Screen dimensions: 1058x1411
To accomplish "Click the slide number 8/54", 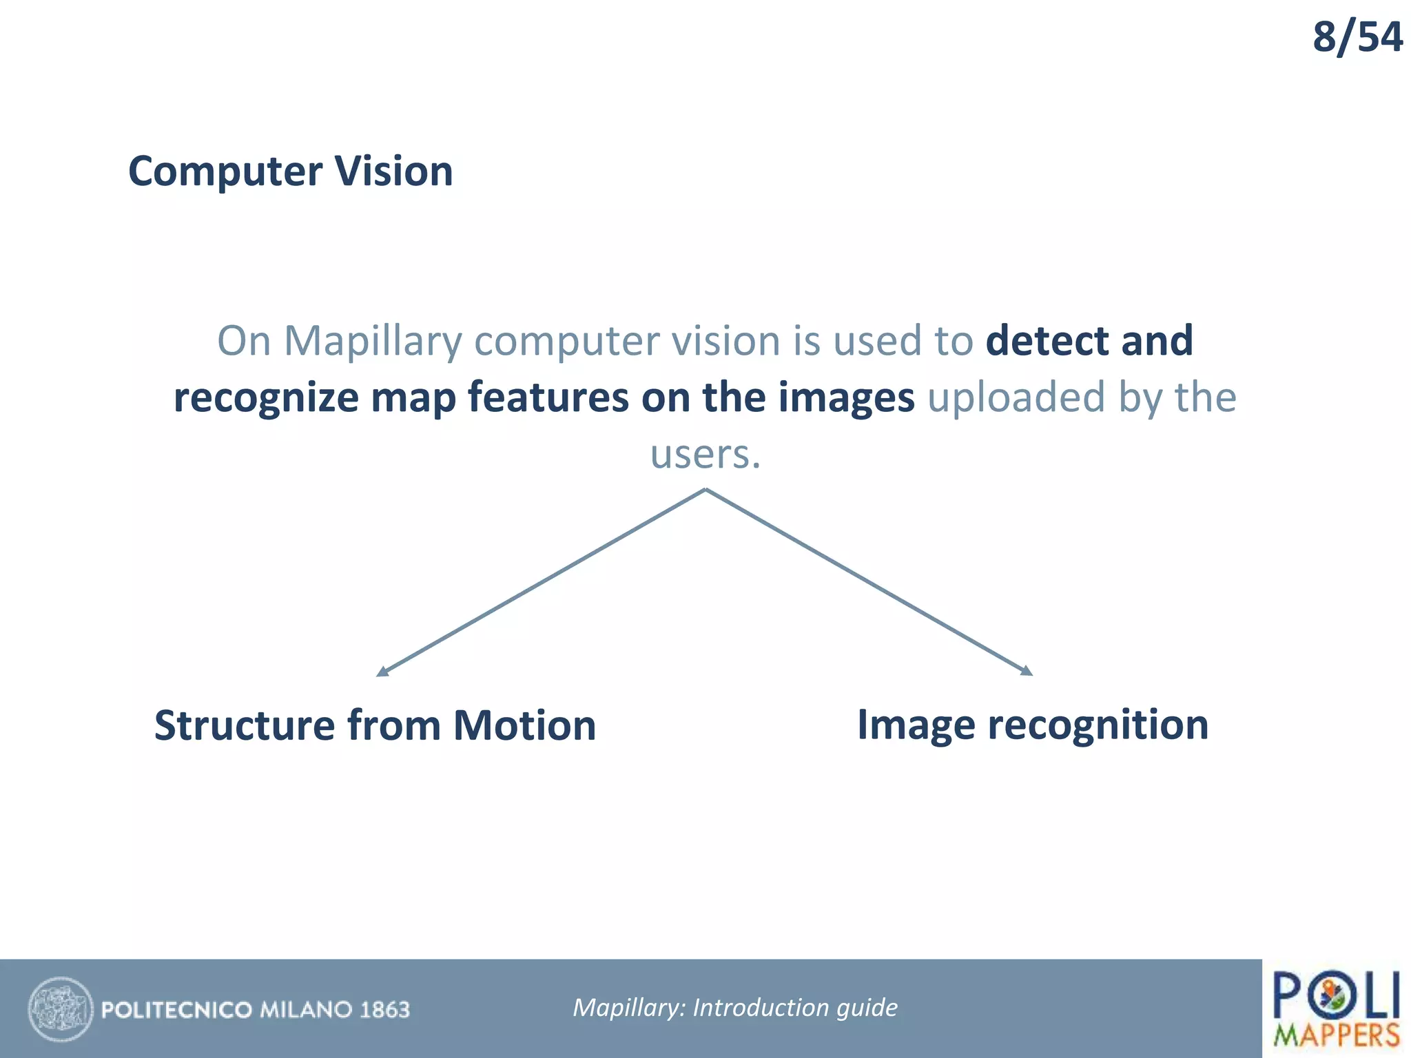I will coord(1357,37).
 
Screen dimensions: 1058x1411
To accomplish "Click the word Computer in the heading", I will coord(225,172).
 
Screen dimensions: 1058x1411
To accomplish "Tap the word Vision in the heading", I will coord(393,172).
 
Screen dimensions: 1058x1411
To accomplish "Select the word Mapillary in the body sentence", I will coord(373,341).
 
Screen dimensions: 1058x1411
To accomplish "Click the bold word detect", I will coord(1047,341).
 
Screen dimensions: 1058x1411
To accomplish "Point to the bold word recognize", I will coord(265,398).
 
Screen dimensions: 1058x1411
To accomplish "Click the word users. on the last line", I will coord(705,455).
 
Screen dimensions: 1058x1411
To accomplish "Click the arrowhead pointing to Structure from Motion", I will coord(382,672).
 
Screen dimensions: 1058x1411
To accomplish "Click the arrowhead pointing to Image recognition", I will coord(1027,671).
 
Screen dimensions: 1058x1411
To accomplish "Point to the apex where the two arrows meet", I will coord(705,490).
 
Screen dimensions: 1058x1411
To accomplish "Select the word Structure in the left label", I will coord(244,726).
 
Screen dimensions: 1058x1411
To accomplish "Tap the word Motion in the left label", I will coord(524,726).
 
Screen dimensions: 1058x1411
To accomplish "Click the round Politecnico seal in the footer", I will coord(61,1009).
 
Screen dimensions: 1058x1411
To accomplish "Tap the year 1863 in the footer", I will coord(384,1010).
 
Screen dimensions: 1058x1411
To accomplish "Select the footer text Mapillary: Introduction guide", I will coord(735,1008).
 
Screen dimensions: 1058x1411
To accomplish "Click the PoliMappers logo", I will coord(1336,1008).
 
